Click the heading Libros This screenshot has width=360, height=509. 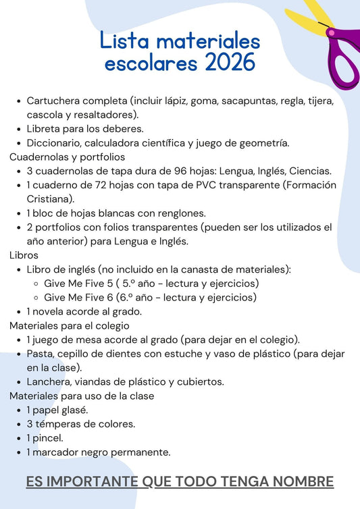(x=24, y=255)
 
